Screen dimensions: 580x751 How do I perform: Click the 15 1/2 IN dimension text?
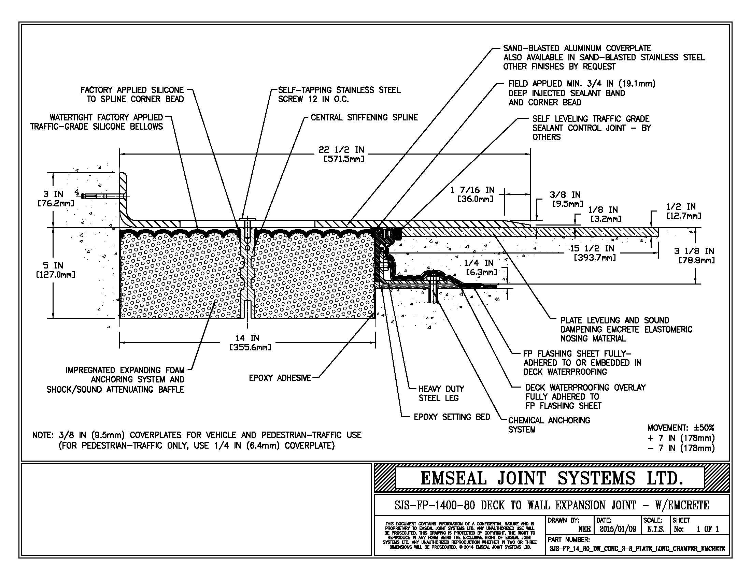point(594,252)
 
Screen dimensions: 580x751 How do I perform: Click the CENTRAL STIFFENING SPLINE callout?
point(364,117)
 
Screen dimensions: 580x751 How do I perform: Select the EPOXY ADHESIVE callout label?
point(280,378)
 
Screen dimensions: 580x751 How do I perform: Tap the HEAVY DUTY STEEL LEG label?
point(441,393)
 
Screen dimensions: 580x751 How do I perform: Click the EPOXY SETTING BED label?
point(452,417)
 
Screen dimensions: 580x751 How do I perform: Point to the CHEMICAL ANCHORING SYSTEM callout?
point(549,425)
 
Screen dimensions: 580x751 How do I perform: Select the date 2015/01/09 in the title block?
point(618,529)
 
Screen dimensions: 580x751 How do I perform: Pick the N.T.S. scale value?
point(655,529)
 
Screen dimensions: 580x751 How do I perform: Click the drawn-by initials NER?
point(584,529)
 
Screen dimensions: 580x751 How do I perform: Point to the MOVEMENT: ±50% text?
point(680,428)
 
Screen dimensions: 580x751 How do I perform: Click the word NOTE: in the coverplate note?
point(43,435)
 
